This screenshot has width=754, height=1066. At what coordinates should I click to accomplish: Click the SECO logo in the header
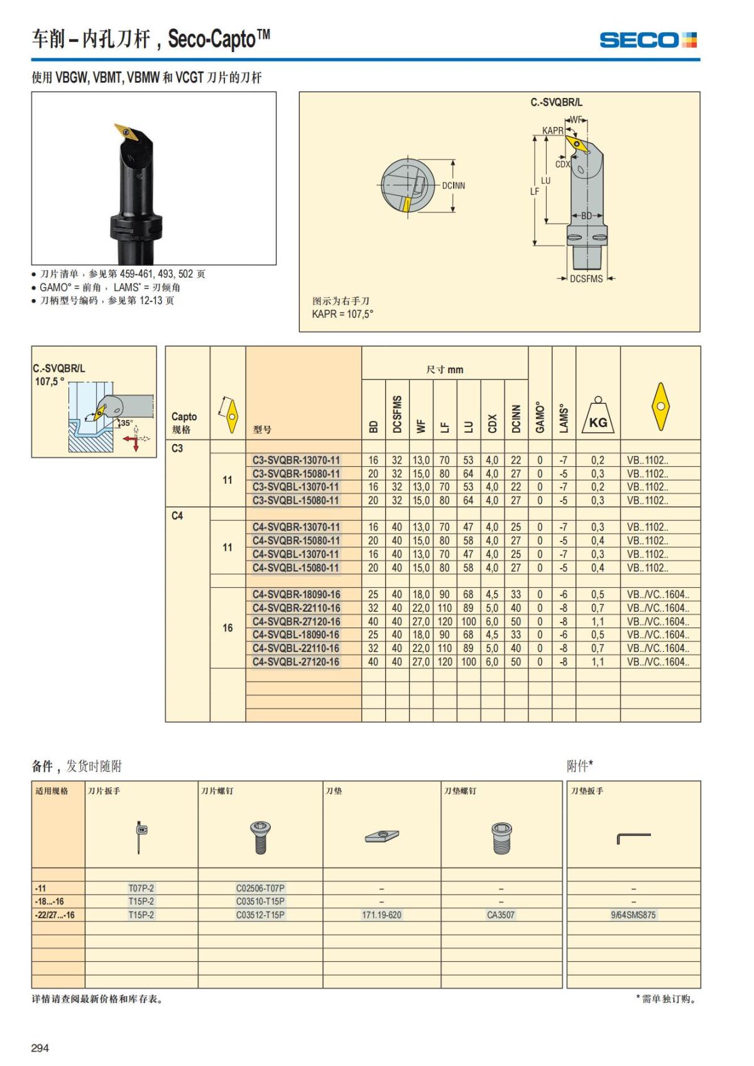click(648, 40)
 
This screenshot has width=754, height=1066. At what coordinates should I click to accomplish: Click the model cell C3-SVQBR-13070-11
click(296, 460)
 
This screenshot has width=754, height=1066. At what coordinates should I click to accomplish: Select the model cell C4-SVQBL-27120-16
click(296, 661)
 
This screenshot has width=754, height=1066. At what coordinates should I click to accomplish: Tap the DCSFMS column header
click(397, 414)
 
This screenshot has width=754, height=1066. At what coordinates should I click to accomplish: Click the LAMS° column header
click(564, 418)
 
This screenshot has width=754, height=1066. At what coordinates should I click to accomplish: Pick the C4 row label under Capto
click(177, 516)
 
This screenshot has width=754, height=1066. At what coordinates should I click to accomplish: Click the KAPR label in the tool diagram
click(552, 131)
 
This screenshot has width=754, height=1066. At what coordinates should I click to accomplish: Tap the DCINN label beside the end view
click(453, 186)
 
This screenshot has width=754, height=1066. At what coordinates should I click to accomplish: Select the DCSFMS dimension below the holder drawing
click(586, 279)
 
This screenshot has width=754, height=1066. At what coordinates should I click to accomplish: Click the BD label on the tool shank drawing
click(586, 216)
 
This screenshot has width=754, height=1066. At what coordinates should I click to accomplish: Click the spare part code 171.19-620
click(381, 915)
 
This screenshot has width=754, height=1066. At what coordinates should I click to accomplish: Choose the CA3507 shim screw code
click(501, 915)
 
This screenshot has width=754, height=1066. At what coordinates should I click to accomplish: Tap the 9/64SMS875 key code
click(633, 915)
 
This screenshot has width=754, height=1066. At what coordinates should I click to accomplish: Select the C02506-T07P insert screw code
click(260, 888)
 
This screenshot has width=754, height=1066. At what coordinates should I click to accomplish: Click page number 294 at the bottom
click(40, 1048)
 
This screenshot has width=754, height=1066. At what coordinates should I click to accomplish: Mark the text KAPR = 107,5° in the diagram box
click(342, 314)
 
